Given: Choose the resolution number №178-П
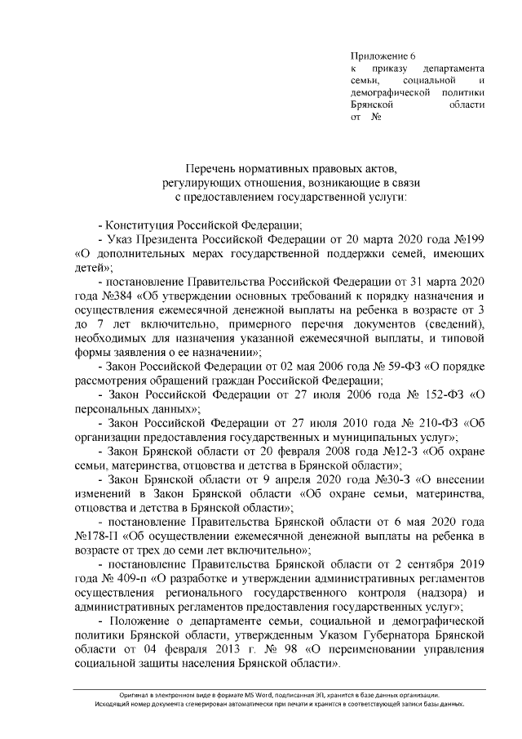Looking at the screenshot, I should (94, 536).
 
